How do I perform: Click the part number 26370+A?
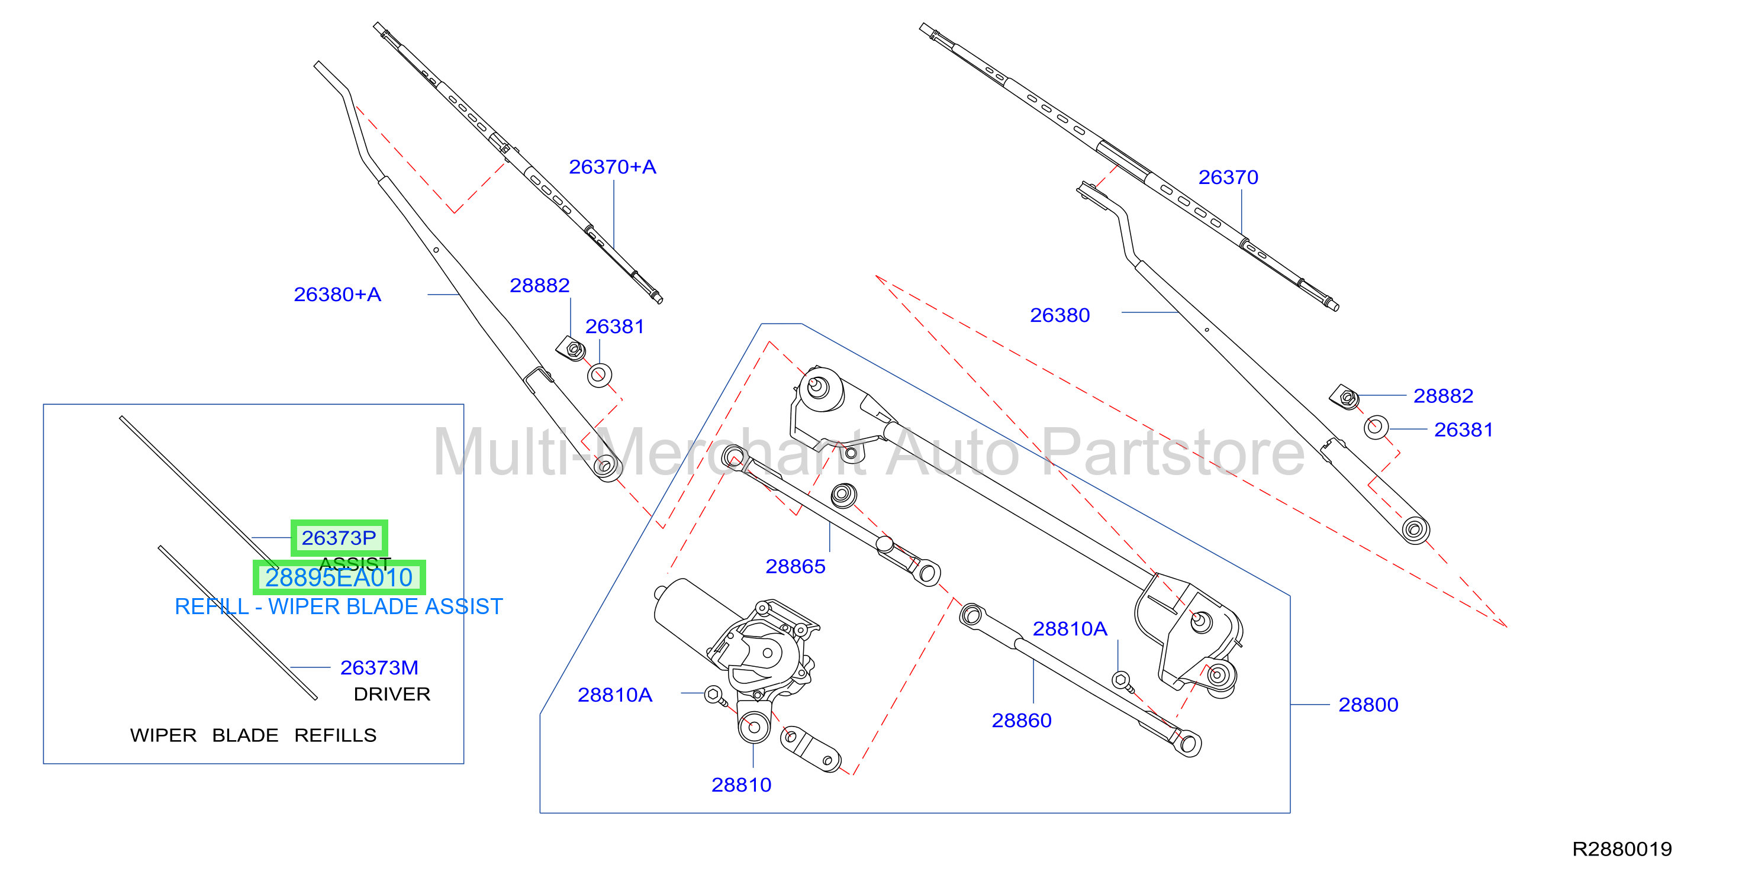point(612,167)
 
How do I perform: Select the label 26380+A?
point(337,294)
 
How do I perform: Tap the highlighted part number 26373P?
point(339,538)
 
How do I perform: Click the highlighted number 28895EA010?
point(339,577)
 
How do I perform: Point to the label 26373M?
point(379,667)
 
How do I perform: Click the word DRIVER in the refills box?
point(392,694)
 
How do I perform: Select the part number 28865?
point(796,566)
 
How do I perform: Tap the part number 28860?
point(1022,720)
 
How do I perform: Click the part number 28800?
point(1368,705)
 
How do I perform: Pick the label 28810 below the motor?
point(741,785)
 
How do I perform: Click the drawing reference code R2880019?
point(1622,849)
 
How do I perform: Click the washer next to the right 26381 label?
point(1376,427)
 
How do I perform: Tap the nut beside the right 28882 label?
point(1345,397)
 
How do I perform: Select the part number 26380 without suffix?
point(1060,315)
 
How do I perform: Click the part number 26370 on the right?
point(1228,177)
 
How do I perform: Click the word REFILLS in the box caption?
point(336,735)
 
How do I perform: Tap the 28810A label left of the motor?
point(615,695)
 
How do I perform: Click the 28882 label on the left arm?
point(539,285)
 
